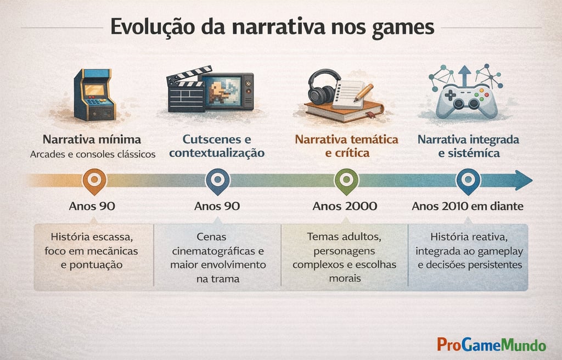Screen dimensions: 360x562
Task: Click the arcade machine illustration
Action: pyautogui.click(x=94, y=94)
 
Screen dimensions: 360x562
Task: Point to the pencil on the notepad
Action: pyautogui.click(x=363, y=92)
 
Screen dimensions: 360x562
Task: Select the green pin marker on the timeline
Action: pyautogui.click(x=346, y=180)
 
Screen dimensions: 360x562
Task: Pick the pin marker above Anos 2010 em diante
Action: pyautogui.click(x=468, y=180)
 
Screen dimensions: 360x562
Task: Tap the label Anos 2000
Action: pyautogui.click(x=345, y=206)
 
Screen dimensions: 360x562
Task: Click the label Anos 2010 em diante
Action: pyautogui.click(x=467, y=206)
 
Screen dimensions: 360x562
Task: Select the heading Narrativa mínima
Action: pyautogui.click(x=92, y=139)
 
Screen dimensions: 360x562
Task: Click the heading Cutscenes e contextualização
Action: pyautogui.click(x=217, y=146)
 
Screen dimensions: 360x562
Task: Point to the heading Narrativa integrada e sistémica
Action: pyautogui.click(x=468, y=146)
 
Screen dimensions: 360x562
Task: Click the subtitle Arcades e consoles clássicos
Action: pyautogui.click(x=93, y=154)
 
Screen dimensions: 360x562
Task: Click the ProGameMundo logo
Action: pyautogui.click(x=491, y=345)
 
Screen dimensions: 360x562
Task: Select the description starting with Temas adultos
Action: pyautogui.click(x=344, y=257)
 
